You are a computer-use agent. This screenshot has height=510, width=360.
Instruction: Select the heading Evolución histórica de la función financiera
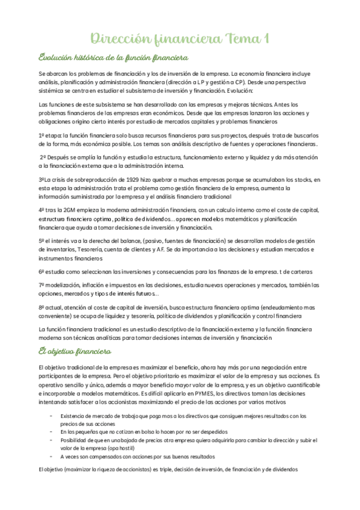tap(113, 58)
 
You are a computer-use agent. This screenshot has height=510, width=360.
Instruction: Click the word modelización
tap(64, 284)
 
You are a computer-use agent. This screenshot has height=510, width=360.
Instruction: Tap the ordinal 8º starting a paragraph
tap(42, 307)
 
